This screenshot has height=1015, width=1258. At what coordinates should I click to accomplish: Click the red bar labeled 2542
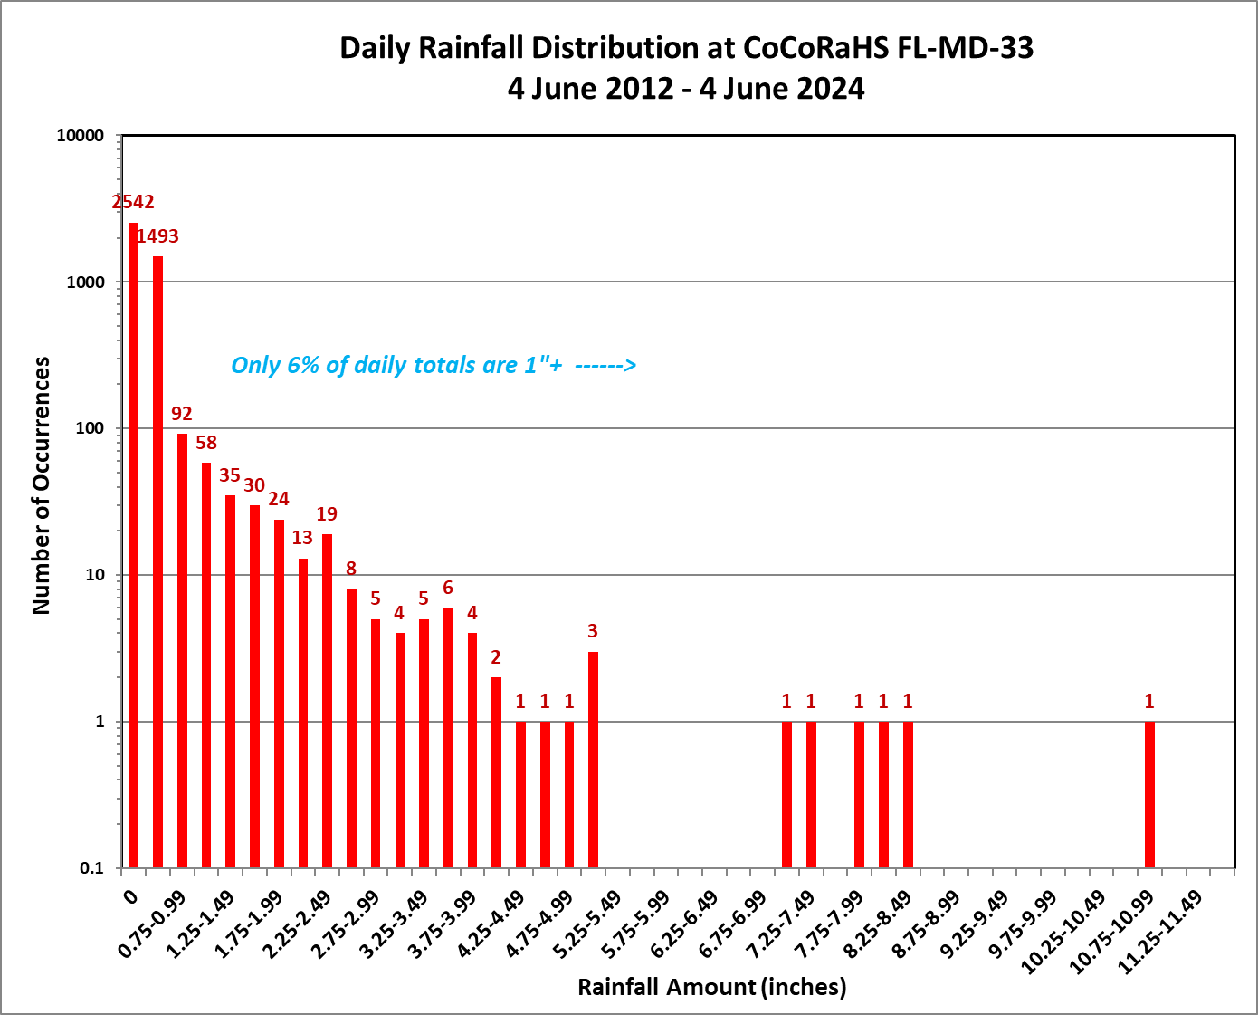tap(133, 543)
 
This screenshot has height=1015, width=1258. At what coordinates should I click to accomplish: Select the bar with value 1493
tap(157, 561)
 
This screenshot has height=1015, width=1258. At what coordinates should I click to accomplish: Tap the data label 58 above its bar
tap(206, 443)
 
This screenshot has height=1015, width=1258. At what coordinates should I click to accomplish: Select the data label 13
tap(302, 538)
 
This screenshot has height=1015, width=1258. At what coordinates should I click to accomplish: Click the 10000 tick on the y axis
tap(81, 136)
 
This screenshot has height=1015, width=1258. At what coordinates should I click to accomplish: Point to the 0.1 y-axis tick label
tap(92, 868)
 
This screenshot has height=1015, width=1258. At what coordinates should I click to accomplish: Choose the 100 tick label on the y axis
tap(90, 428)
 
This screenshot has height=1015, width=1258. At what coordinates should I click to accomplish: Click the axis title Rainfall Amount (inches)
tap(712, 987)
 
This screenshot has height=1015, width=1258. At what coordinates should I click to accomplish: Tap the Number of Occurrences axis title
tap(42, 485)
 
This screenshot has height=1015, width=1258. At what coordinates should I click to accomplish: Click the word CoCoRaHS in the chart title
tap(816, 48)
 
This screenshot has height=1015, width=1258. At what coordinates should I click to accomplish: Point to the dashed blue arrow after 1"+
tap(605, 365)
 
